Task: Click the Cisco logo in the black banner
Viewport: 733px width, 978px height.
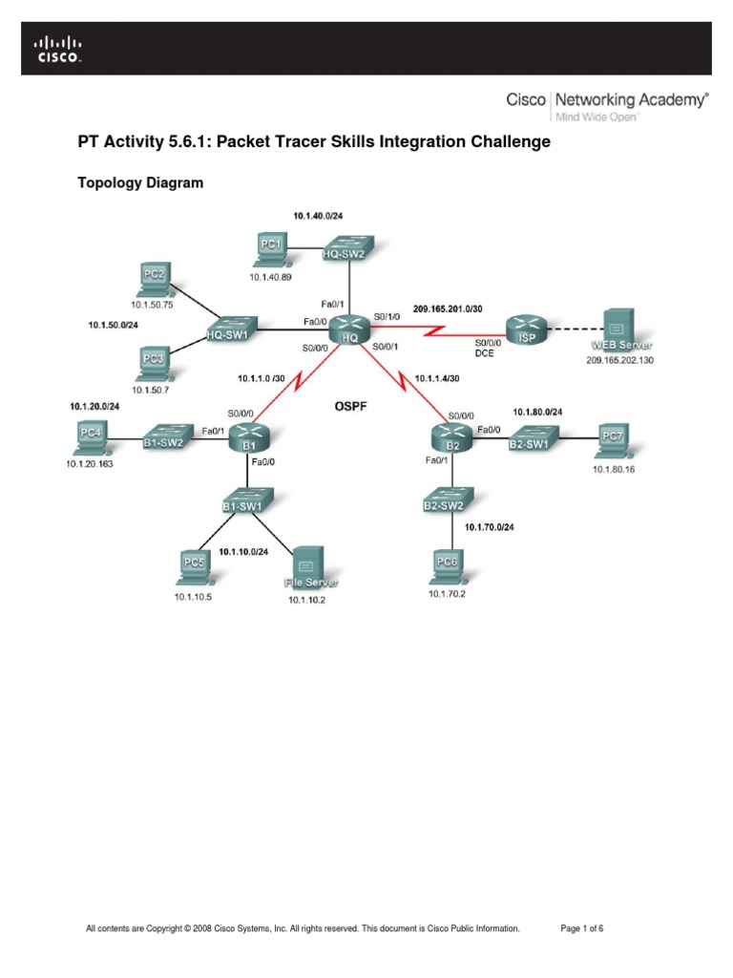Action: click(59, 49)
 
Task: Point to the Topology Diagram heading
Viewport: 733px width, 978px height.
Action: click(139, 182)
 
